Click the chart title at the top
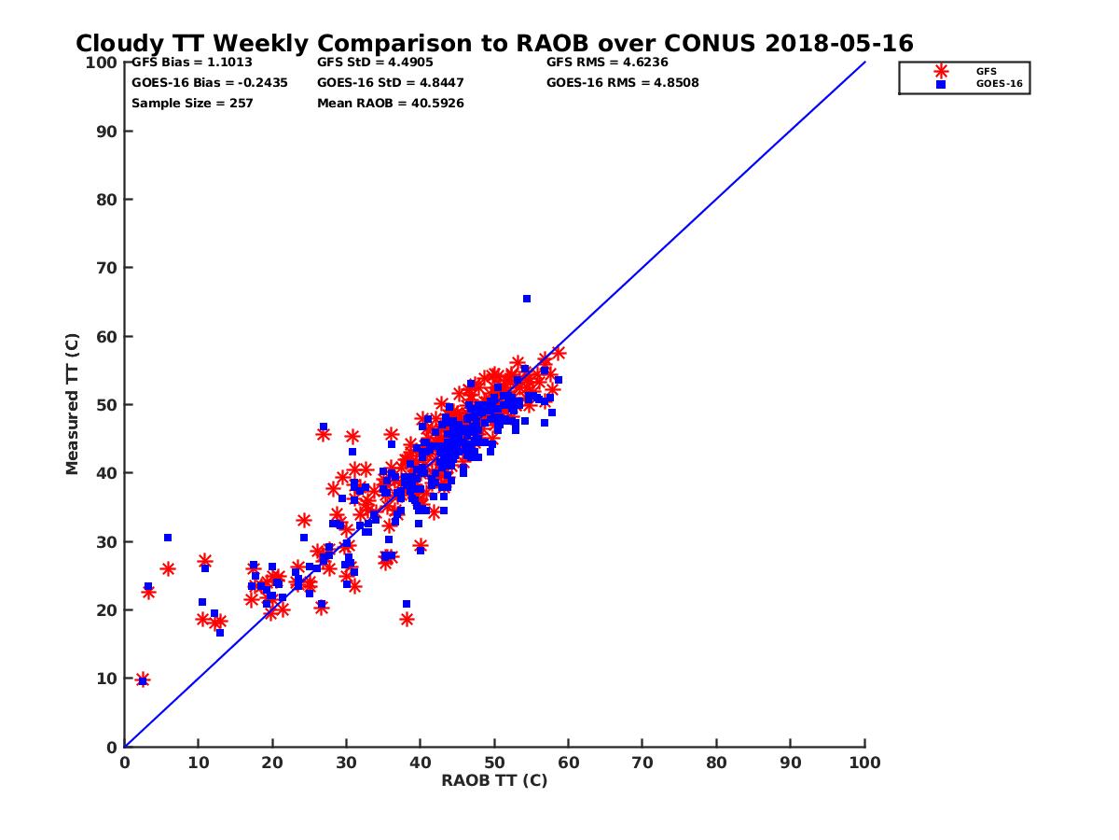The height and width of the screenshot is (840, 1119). [x=494, y=44]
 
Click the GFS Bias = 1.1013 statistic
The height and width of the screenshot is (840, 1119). [x=192, y=63]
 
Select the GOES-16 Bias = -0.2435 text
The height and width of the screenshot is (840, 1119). [x=210, y=82]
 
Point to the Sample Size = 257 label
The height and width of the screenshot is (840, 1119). [x=192, y=103]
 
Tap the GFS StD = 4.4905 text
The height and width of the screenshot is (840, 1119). [x=376, y=63]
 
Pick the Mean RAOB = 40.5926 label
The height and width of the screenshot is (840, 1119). [x=391, y=103]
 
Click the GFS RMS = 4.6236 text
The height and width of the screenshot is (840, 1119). [x=607, y=63]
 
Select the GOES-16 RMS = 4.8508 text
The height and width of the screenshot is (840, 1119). [x=623, y=82]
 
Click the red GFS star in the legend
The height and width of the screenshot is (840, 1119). [x=941, y=71]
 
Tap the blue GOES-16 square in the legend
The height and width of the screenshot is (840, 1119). [x=941, y=84]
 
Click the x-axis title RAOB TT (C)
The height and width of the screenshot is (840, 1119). [x=494, y=780]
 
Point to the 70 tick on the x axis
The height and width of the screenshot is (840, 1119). [x=642, y=762]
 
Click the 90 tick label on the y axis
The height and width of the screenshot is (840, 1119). [x=106, y=132]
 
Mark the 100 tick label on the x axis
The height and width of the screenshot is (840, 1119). [x=864, y=762]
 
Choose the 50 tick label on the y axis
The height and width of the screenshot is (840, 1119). [x=106, y=405]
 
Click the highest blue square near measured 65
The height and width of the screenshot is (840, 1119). [x=527, y=299]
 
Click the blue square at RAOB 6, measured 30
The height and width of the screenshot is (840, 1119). [x=168, y=538]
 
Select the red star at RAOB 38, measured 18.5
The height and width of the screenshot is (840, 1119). [x=407, y=619]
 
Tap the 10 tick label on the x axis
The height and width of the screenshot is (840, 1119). [x=198, y=762]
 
